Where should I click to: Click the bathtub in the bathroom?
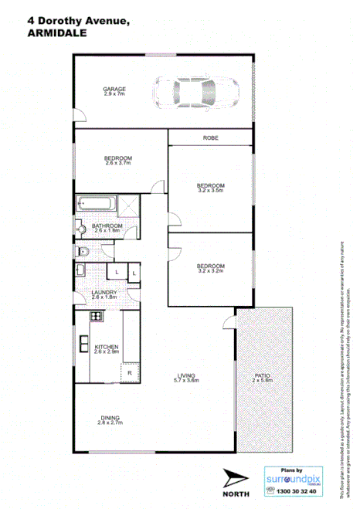[x=97, y=206]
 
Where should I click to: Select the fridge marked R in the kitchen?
[x=129, y=374]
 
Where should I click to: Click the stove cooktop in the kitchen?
[x=96, y=316]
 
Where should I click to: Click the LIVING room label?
[x=186, y=378]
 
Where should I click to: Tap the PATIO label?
[x=263, y=378]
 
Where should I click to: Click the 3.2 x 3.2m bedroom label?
[x=210, y=267]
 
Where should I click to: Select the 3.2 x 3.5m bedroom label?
[x=210, y=188]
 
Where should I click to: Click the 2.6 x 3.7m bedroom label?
[x=118, y=161]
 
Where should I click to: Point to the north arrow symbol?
[x=235, y=476]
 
